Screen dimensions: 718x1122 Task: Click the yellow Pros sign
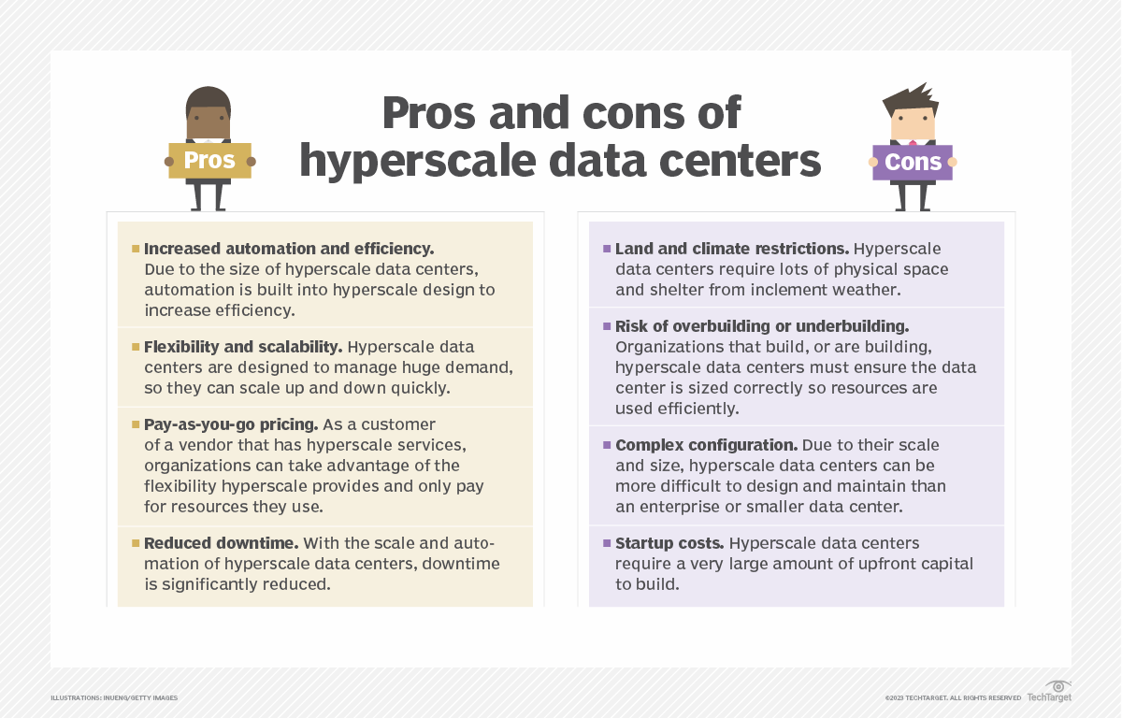209,161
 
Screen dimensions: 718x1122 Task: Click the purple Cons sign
912,163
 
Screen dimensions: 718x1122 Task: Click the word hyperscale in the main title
415,162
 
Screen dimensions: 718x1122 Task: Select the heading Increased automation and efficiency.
289,249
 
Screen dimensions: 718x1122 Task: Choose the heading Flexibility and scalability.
243,347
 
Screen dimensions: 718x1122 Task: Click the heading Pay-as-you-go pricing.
228,424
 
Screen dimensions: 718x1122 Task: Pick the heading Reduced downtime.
221,543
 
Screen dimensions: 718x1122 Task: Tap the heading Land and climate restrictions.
731,249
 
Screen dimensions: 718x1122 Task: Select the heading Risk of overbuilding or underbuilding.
762,326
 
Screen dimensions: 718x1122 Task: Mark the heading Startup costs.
668,543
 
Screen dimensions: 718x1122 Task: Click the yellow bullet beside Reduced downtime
136,543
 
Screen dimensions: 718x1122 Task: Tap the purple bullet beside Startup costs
607,543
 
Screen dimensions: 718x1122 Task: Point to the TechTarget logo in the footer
1050,693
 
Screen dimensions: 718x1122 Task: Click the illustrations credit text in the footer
114,698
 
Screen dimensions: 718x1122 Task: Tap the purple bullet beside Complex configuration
607,445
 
